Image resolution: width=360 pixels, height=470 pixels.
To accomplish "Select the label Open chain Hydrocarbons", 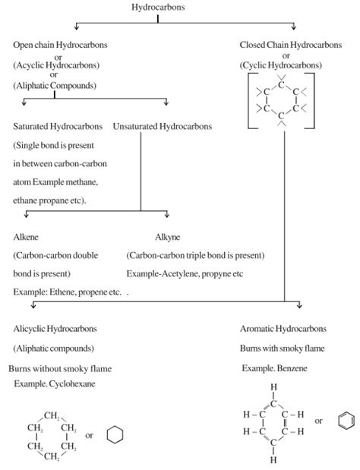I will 60,46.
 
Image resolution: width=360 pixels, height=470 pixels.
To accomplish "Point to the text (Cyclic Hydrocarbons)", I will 280,66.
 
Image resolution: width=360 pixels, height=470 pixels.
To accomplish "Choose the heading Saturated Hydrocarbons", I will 57,125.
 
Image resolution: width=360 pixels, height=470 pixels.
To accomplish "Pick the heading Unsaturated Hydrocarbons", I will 162,125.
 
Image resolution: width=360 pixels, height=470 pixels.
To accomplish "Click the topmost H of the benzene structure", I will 273,386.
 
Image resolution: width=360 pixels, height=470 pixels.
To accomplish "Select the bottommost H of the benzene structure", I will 273,460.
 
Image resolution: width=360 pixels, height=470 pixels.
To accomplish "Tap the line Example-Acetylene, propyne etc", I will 187,273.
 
